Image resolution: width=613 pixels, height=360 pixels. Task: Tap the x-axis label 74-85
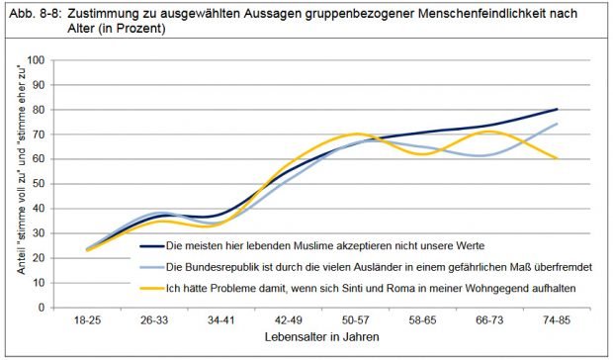pyautogui.click(x=557, y=322)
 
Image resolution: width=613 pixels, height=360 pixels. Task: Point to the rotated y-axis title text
pyautogui.click(x=14, y=184)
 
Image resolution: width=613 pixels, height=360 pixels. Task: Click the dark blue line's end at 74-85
pyautogui.click(x=557, y=110)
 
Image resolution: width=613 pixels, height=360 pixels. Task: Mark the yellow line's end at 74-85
pyautogui.click(x=557, y=158)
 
